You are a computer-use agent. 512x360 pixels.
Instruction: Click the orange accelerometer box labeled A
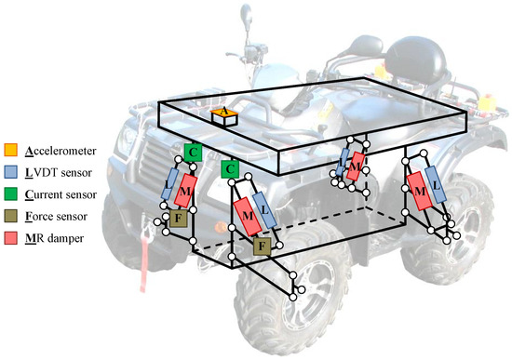[x=222, y=113]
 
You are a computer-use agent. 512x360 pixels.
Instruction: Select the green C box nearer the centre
[x=230, y=168]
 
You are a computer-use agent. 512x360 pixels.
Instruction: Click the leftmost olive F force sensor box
[x=179, y=219]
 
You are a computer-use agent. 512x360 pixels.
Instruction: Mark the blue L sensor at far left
[x=174, y=182]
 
